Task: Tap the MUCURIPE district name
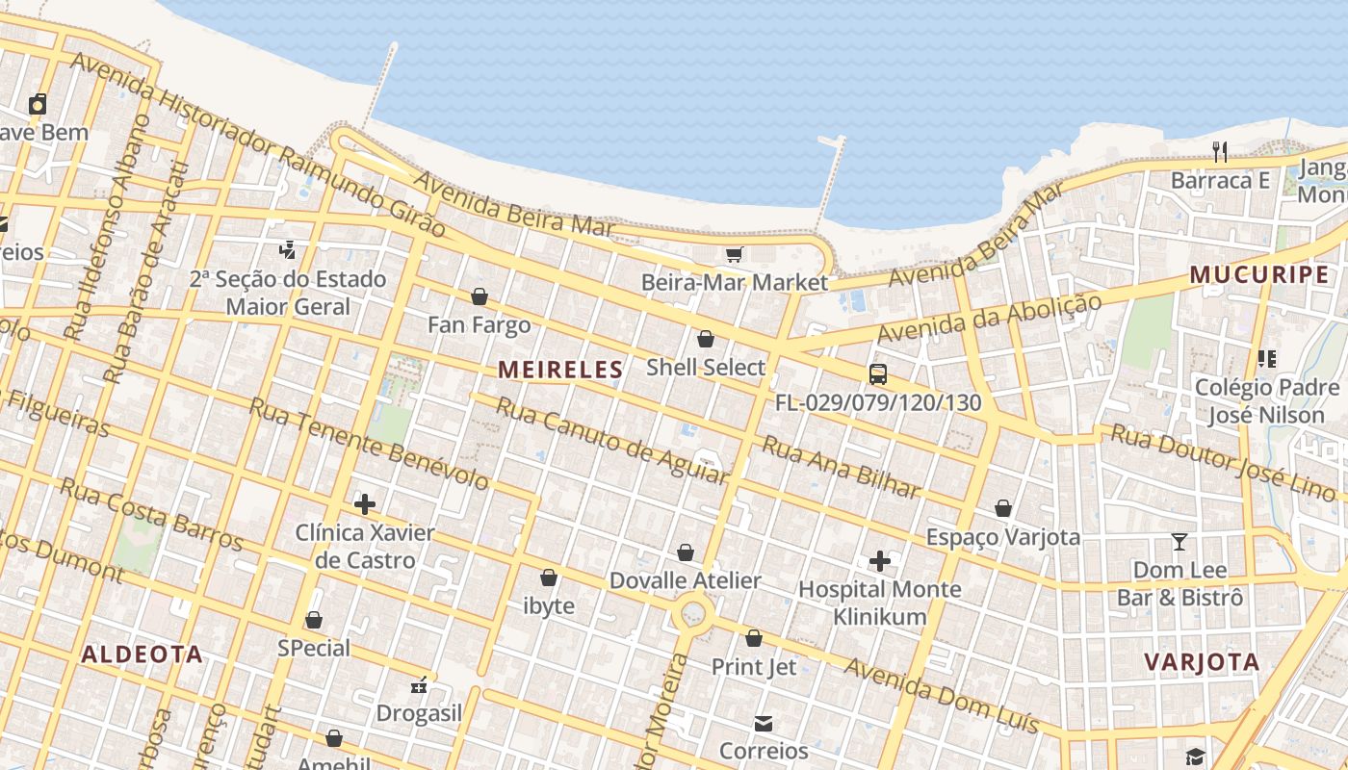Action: coord(1258,274)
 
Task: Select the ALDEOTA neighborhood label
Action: coord(142,654)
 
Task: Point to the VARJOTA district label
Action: coord(1202,661)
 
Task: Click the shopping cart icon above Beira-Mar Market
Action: coord(735,254)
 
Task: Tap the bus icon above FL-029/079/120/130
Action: coord(878,374)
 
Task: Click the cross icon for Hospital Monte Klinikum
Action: coord(880,560)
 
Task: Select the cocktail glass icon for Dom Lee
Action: coord(1179,541)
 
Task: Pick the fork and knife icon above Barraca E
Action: coord(1220,152)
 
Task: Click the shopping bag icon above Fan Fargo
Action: coord(480,296)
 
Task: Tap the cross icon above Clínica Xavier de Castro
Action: coord(365,503)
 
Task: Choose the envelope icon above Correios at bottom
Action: coord(764,723)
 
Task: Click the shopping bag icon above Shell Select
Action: coord(706,339)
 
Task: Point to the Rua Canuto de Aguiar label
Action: coord(611,439)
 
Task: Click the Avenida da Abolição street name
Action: coord(989,319)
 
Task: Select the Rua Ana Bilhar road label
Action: coord(841,468)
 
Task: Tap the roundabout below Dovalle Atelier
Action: coord(693,612)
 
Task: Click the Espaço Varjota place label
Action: coord(1003,536)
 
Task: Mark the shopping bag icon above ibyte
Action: coord(549,577)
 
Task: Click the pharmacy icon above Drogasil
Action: coord(419,685)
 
